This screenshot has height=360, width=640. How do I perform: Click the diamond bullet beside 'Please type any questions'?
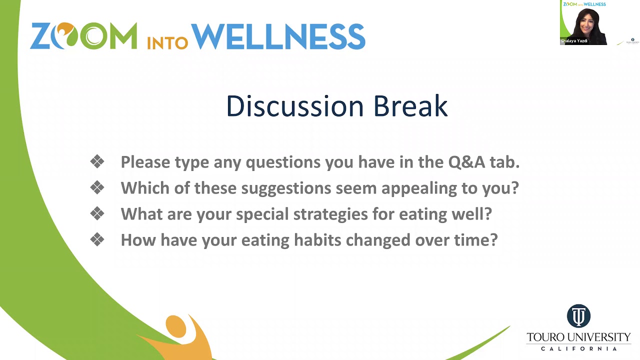(x=97, y=161)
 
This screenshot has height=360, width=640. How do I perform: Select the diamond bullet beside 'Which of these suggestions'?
(x=97, y=187)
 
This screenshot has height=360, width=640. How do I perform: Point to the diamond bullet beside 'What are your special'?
(x=97, y=213)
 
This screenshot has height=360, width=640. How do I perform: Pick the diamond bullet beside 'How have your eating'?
(x=97, y=239)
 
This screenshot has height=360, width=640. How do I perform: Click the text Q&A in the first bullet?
(x=466, y=162)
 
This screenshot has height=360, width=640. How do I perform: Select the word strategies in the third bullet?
(x=330, y=214)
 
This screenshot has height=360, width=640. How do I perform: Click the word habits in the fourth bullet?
(x=317, y=239)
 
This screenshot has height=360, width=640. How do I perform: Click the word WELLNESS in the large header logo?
(x=278, y=36)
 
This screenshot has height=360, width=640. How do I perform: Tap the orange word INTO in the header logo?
(x=167, y=43)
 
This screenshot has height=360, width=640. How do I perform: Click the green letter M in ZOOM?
(x=123, y=36)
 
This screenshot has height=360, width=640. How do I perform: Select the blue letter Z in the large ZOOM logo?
(x=42, y=36)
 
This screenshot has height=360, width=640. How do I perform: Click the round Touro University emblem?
(x=578, y=315)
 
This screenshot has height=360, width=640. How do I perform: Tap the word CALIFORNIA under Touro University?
(x=579, y=348)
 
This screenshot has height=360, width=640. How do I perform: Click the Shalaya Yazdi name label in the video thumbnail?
(x=574, y=41)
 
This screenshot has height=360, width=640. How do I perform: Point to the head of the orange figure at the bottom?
(x=175, y=325)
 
